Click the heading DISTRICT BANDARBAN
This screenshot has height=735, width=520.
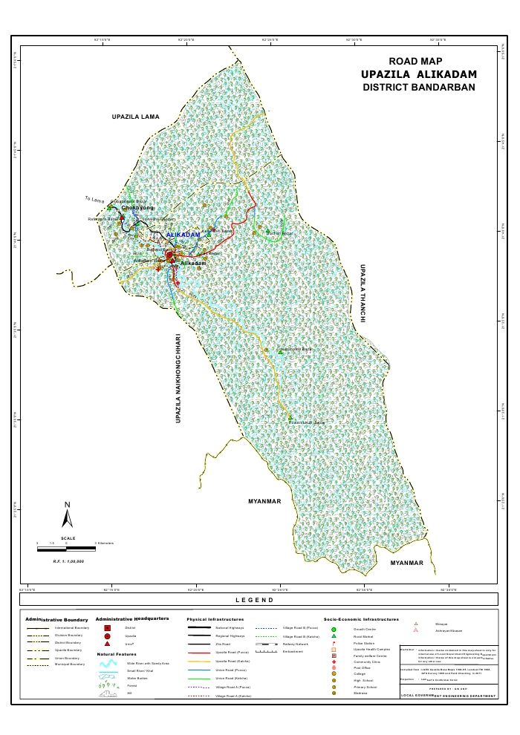[x=418, y=88]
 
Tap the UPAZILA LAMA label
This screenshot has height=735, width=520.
[x=136, y=117]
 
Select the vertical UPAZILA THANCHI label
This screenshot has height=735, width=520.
[x=363, y=293]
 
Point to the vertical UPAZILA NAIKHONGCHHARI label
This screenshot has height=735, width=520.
[x=178, y=378]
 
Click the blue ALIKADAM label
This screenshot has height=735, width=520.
[x=183, y=235]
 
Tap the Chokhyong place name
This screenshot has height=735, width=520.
[x=137, y=208]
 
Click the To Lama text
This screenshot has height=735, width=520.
[x=94, y=199]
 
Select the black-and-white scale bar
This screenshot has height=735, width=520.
[x=67, y=544]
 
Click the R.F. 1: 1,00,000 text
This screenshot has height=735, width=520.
[x=67, y=561]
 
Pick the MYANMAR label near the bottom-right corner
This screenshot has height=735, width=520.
[x=406, y=563]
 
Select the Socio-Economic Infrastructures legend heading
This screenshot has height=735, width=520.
[x=361, y=618]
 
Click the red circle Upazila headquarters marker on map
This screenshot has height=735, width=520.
[x=169, y=255]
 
